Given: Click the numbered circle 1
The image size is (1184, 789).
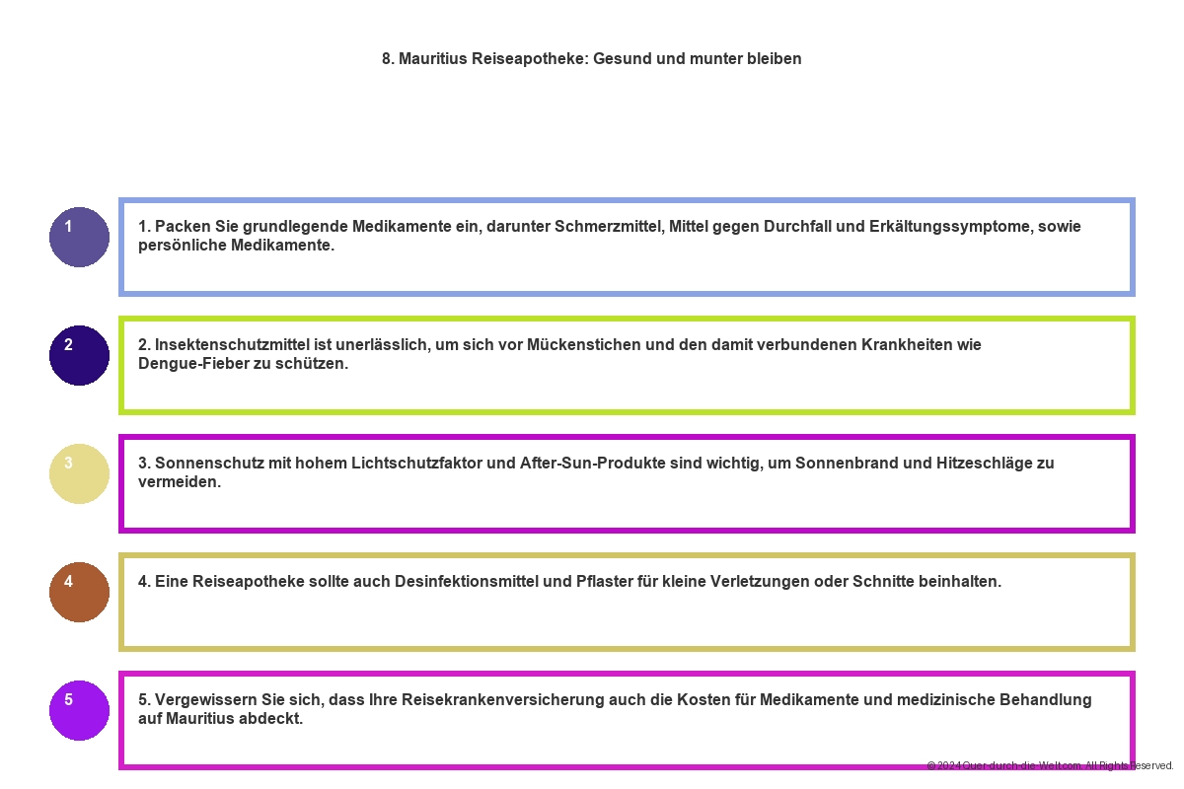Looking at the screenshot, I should [x=79, y=237].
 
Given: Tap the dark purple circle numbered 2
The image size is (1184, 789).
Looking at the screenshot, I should [x=79, y=355].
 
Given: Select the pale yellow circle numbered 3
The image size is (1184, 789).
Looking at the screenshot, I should [x=79, y=473].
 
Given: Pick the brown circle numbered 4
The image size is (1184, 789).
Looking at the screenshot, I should [x=79, y=592].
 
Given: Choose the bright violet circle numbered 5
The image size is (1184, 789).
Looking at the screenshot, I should [x=79, y=710].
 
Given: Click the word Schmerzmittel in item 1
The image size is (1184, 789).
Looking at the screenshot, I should [x=609, y=227].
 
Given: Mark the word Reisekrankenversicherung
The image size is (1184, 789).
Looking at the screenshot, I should [x=524, y=700].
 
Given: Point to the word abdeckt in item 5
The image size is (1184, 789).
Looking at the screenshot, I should [x=273, y=719].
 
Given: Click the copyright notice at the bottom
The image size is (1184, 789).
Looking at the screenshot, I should [x=1050, y=765].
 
